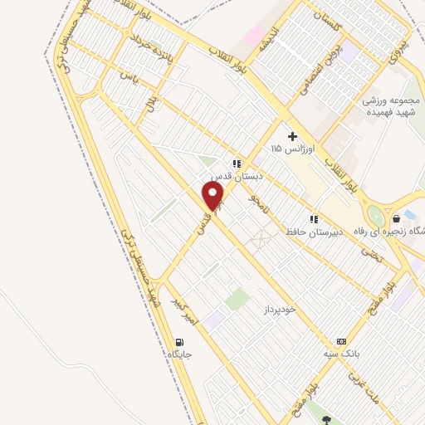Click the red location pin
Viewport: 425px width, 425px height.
click(214, 196)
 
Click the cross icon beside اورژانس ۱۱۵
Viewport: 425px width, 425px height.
click(291, 135)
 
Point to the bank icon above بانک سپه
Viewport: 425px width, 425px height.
click(341, 341)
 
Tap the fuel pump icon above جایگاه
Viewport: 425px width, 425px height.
click(179, 342)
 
